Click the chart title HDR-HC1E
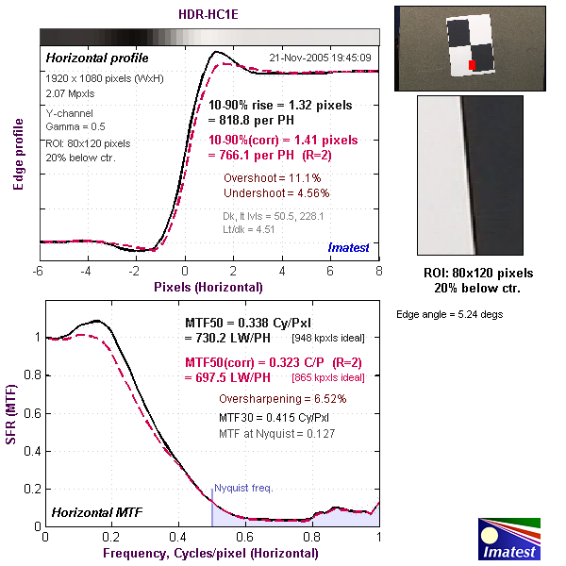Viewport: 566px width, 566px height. tap(209, 14)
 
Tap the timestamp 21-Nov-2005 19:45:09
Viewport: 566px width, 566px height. tap(320, 58)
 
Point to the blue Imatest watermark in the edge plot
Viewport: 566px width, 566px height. tap(349, 247)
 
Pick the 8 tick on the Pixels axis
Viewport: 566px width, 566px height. tap(378, 272)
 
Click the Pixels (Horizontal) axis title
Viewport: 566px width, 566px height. tap(209, 286)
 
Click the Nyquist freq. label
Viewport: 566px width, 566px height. tap(244, 488)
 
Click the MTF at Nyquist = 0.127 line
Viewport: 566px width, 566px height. tap(277, 433)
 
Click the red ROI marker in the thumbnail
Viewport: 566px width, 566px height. tap(472, 64)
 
